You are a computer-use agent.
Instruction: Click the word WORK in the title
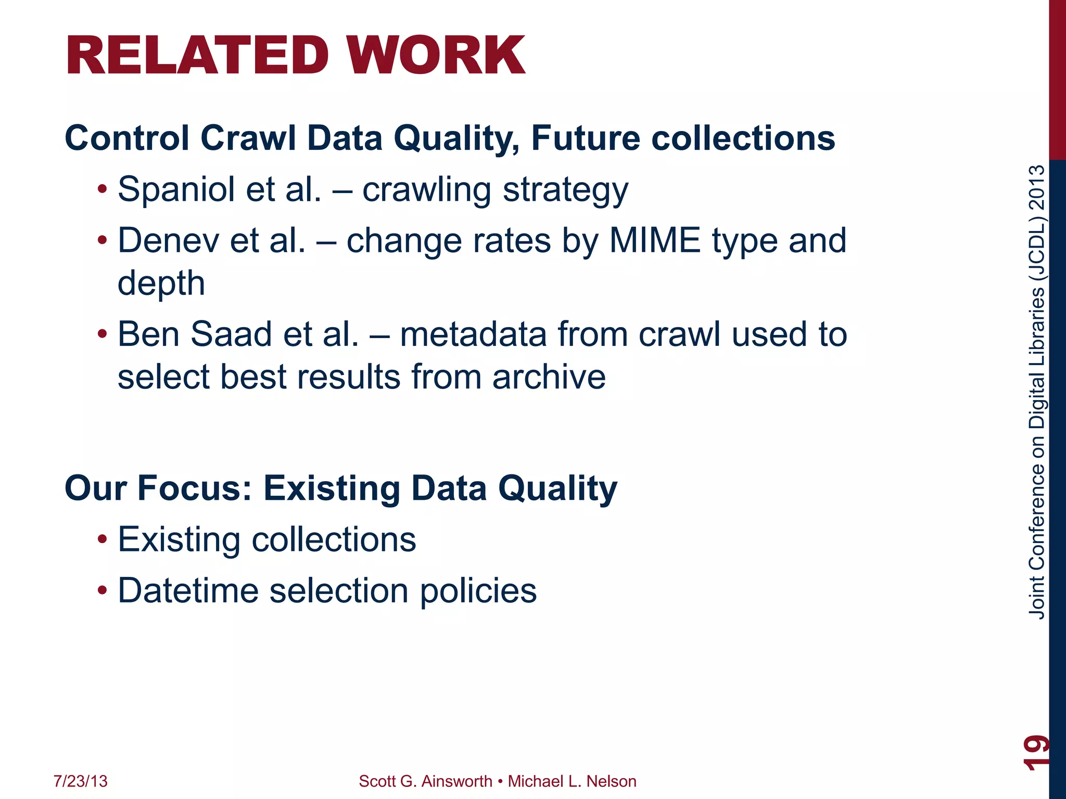tap(436, 56)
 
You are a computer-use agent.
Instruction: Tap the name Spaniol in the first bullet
tap(176, 190)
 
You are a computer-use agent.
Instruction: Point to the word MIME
tap(655, 241)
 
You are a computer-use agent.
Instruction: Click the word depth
tap(161, 283)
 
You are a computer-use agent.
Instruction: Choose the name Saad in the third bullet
tap(231, 334)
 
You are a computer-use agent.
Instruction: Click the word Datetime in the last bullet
tap(188, 591)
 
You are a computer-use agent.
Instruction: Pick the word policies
tap(478, 591)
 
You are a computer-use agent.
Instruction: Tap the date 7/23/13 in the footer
tap(81, 781)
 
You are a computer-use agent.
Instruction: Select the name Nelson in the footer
tap(611, 781)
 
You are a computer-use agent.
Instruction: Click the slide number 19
tap(1036, 752)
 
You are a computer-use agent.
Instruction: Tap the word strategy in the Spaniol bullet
tap(565, 190)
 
